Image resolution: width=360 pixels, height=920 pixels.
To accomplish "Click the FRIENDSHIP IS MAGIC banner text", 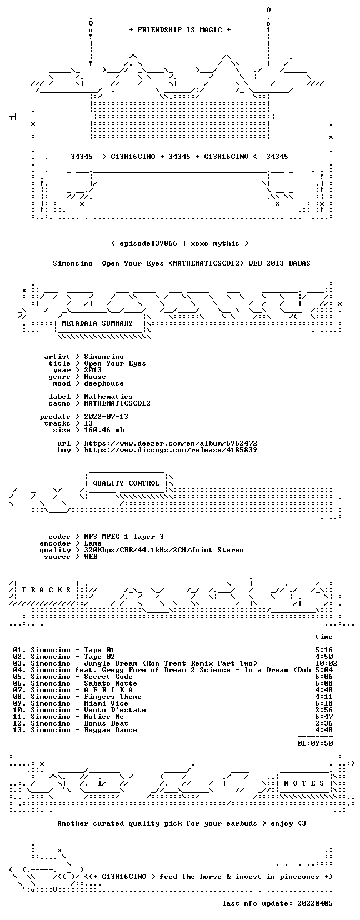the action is [180, 30].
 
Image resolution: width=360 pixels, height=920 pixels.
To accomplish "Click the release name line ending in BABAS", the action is [182, 263].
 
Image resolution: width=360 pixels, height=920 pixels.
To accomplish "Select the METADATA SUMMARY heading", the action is [97, 323].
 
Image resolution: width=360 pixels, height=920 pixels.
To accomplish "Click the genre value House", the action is [95, 377].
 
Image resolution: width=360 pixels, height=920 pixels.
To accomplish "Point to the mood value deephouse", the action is [104, 383].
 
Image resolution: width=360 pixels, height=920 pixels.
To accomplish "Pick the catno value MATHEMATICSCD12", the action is [117, 403].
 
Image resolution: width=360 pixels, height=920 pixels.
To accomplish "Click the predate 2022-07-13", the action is [106, 417].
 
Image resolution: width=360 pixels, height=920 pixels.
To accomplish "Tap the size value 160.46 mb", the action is [104, 430].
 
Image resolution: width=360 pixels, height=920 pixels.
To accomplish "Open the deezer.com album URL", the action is [171, 443].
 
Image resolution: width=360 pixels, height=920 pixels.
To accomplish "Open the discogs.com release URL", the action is [171, 450].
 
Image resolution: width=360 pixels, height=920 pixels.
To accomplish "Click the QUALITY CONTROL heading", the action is [126, 483].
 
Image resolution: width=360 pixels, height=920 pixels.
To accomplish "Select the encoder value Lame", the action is [93, 543].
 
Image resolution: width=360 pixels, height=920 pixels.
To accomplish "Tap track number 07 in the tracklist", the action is [18, 690].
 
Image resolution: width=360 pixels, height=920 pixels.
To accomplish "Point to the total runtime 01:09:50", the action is [315, 743].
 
